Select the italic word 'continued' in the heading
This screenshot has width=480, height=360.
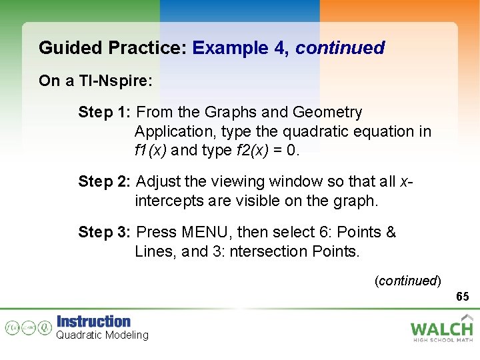click(x=340, y=48)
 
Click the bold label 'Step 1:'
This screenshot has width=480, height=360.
click(x=105, y=112)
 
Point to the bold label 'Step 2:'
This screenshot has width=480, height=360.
click(x=105, y=181)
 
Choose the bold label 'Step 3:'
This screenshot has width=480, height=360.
click(x=105, y=232)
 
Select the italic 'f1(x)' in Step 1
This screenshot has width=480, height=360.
click(x=151, y=150)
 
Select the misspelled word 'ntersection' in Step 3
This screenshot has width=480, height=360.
click(x=263, y=251)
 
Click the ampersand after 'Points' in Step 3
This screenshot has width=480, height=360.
click(x=391, y=232)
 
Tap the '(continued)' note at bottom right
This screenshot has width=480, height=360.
click(x=407, y=281)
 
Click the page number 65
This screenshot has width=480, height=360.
click(x=463, y=296)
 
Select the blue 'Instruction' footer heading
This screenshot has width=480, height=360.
click(x=93, y=321)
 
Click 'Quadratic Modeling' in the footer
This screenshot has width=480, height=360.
click(x=102, y=335)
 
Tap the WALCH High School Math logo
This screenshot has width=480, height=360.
click(x=441, y=329)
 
